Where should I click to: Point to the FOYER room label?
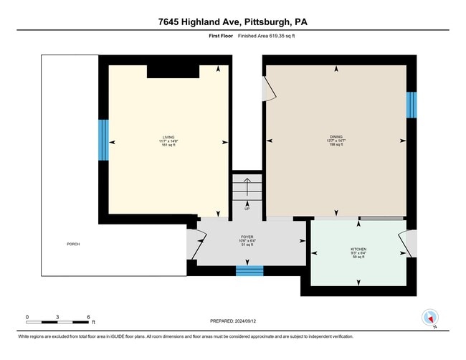247,240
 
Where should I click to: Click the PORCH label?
73,244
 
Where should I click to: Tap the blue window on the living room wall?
103,142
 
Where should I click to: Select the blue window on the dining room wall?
412,105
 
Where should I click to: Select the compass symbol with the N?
430,318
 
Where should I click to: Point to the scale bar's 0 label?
27,316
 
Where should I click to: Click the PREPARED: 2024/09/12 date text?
233,322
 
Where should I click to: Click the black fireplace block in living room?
173,71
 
